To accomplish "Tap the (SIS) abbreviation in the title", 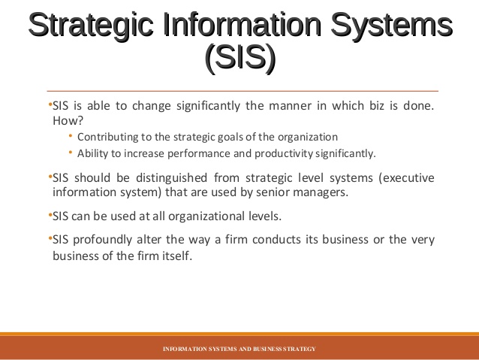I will pyautogui.click(x=239, y=58).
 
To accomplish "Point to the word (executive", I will pyautogui.click(x=406, y=178).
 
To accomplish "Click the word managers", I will pyautogui.click(x=323, y=192).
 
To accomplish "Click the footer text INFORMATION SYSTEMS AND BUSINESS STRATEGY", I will pyautogui.click(x=239, y=349).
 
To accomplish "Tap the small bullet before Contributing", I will pyautogui.click(x=70, y=136).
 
